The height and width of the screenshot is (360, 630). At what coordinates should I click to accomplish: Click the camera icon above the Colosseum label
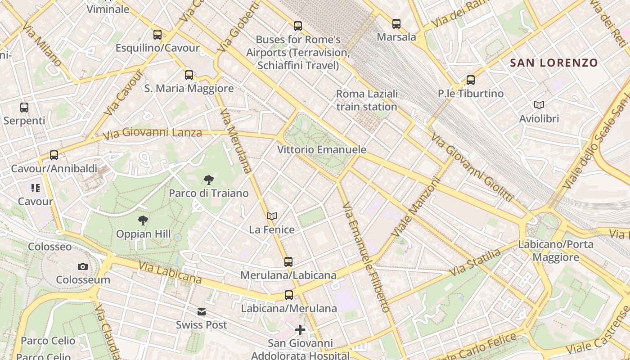82,266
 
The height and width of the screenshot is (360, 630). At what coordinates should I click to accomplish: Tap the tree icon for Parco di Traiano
208,180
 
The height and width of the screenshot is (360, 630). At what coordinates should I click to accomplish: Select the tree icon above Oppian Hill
143,220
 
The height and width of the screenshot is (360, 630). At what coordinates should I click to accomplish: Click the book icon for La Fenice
271,216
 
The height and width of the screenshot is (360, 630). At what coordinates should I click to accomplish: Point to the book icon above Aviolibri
539,105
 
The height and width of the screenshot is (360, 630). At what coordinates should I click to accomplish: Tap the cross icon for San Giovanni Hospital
300,330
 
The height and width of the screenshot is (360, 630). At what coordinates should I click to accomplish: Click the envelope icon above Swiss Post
201,311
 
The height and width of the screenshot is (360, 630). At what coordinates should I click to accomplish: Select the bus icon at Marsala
396,23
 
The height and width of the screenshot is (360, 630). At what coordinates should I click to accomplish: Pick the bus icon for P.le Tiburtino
471,80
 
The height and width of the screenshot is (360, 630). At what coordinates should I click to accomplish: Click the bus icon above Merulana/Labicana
288,261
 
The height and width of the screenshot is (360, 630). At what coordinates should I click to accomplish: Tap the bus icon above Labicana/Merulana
289,295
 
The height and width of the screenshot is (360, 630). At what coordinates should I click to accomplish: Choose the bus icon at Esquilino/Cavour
157,34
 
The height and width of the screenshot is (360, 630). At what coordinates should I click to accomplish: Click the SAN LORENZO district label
553,63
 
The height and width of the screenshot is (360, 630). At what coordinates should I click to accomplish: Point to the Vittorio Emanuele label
322,149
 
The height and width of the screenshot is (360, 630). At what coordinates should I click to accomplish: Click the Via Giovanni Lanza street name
152,133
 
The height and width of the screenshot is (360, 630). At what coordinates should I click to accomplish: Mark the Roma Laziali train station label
367,100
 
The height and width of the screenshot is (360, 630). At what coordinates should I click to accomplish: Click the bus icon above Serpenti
24,108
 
